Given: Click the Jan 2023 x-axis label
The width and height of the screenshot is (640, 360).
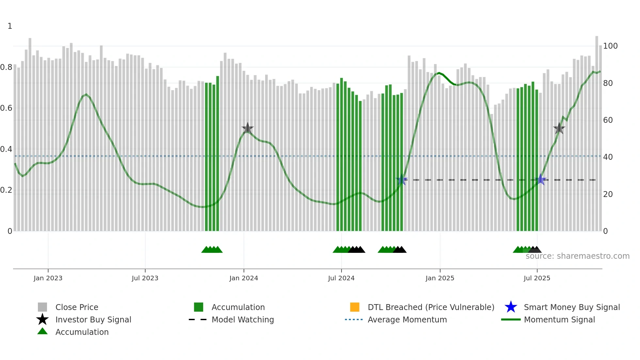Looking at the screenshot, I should (x=48, y=278).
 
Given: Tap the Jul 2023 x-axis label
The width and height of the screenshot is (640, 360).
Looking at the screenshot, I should (x=145, y=278).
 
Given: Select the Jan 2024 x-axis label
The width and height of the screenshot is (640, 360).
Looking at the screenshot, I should (x=244, y=278).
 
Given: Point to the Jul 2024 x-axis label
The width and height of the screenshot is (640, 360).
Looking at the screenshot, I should (x=341, y=278).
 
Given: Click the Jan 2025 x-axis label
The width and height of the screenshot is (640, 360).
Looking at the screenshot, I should (x=440, y=278).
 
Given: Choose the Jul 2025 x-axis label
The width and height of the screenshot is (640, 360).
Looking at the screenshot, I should (x=537, y=278).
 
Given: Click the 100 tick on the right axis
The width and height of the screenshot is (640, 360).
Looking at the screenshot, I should (x=610, y=46).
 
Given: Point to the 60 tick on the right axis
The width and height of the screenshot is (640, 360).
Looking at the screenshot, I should (x=608, y=120).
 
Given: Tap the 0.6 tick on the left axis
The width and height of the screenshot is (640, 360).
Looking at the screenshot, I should (x=6, y=108).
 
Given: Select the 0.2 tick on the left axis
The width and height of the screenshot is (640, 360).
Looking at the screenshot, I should (x=6, y=190).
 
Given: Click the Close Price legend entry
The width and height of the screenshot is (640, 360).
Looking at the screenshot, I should (x=77, y=307).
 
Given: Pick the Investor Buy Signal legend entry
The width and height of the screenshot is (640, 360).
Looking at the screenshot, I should (x=93, y=319).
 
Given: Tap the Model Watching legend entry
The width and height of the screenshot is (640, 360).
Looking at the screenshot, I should (x=243, y=319).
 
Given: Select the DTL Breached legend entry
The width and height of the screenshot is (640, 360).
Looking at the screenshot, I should (x=431, y=307).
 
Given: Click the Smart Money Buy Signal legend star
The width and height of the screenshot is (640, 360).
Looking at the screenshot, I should (x=511, y=307).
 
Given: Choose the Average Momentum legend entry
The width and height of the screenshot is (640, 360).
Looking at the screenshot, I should (x=407, y=319).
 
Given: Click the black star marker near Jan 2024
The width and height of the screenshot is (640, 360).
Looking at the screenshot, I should (x=248, y=128).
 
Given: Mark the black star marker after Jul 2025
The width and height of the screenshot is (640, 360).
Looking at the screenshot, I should (x=559, y=128).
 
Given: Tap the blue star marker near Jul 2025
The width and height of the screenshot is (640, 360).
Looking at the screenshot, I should (x=541, y=179).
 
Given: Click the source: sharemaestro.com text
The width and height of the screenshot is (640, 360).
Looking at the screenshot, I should (x=577, y=256).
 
